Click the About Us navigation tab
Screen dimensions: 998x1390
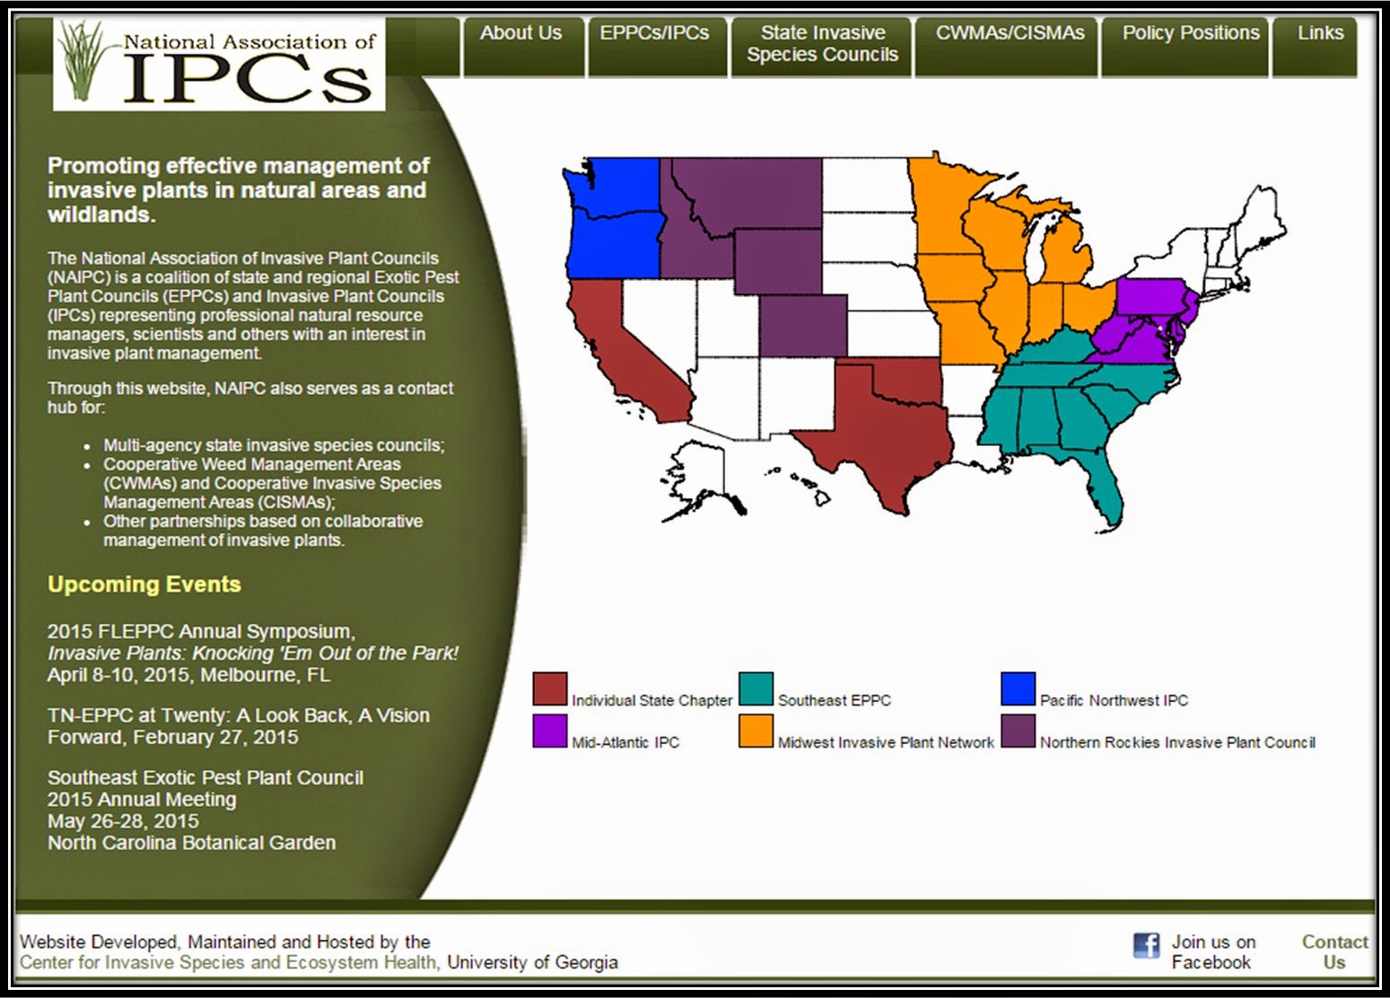pos(520,34)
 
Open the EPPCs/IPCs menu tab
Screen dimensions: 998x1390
pos(654,34)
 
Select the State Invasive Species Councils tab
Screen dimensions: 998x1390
pos(822,44)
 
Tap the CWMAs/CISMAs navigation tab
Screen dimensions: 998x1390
pos(1010,34)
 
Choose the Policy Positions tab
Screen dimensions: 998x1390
pos(1191,34)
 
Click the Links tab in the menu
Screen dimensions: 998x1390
pos(1320,34)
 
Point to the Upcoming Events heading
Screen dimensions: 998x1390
pos(144,584)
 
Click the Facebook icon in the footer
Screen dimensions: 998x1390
pos(1146,946)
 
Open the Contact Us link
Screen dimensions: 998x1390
pos(1334,952)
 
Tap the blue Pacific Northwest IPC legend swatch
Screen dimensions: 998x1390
pos(1018,689)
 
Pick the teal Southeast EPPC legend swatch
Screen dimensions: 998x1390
pos(756,689)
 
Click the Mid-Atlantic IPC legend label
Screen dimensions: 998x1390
pos(625,743)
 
